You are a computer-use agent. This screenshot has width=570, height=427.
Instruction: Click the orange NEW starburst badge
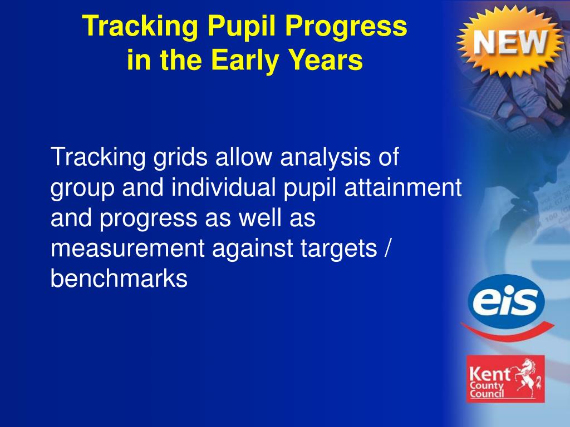510,41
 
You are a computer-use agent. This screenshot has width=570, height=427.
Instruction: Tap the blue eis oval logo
506,301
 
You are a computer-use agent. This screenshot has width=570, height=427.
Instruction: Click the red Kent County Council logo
505,379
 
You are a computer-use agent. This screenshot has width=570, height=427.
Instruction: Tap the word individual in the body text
223,188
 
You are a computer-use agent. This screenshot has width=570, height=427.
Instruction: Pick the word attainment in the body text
403,188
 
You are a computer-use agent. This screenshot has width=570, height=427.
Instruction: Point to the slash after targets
387,249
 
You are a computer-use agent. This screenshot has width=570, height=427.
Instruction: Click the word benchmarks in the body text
119,279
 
